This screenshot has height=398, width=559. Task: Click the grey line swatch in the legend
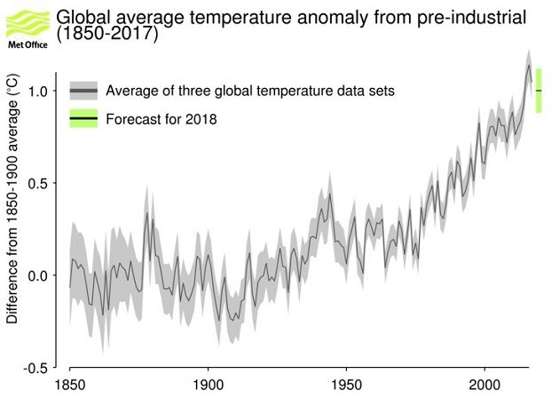83,91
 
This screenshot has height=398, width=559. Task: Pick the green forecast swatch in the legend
83,118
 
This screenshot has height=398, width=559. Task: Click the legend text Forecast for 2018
161,118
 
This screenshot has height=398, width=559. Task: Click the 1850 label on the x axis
69,386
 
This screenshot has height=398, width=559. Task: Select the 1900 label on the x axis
208,386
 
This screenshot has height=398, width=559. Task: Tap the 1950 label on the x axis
346,386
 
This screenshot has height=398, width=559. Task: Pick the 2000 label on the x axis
484,386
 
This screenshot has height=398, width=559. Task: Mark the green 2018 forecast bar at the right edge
539,92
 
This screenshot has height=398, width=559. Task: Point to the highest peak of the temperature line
529,65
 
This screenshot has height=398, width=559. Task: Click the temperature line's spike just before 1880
147,212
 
